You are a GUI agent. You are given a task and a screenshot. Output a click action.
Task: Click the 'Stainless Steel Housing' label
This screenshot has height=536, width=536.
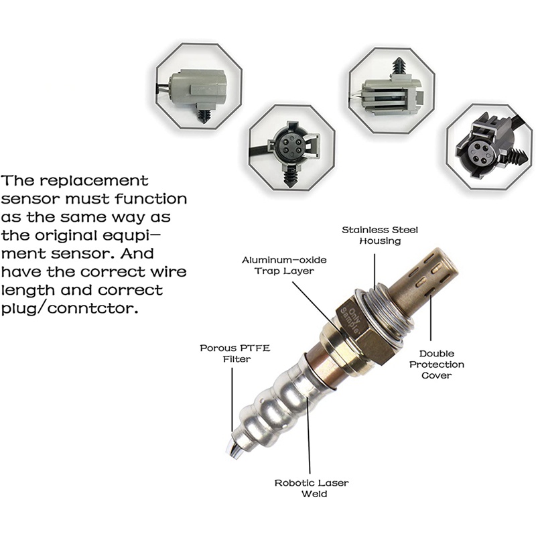(380, 235)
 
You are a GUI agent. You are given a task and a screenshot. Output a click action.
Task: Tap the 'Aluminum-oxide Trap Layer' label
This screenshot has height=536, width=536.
(284, 265)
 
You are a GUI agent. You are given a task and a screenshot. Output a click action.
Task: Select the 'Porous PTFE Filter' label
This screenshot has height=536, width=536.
(235, 354)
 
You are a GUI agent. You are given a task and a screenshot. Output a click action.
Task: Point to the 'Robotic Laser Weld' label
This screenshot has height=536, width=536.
(312, 488)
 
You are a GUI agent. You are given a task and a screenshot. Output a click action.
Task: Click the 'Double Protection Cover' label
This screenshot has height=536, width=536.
(437, 364)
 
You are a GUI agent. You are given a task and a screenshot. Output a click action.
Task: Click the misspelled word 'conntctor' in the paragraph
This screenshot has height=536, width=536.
(92, 309)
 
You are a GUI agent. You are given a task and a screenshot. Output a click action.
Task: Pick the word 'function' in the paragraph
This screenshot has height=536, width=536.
(151, 198)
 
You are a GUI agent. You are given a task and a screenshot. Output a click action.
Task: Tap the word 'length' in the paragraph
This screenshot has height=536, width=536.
(28, 290)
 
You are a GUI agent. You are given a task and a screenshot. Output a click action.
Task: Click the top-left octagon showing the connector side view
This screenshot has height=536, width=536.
(199, 86)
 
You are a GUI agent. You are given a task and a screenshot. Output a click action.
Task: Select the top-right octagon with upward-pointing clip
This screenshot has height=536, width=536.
(391, 90)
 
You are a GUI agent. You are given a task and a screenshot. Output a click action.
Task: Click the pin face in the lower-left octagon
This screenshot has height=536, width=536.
(290, 146)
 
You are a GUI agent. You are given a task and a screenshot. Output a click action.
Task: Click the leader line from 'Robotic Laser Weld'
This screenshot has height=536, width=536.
(309, 435)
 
